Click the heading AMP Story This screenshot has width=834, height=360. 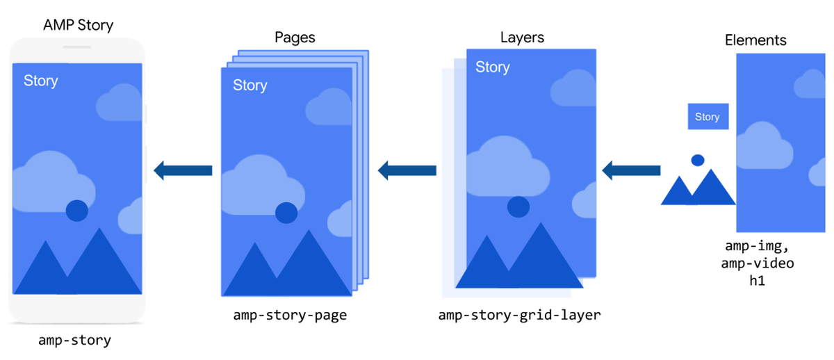[78, 26]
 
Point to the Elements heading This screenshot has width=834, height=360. [755, 40]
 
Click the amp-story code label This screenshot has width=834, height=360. [74, 341]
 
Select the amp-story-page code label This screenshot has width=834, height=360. [291, 316]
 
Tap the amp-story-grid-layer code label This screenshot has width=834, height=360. [519, 316]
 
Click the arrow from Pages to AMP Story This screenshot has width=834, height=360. [183, 170]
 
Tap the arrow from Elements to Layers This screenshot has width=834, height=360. [631, 170]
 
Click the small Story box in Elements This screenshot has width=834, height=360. [708, 117]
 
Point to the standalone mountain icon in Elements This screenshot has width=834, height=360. [697, 183]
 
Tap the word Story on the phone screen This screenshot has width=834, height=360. [40, 81]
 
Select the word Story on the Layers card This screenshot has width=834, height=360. [492, 67]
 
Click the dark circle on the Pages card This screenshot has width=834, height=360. [286, 213]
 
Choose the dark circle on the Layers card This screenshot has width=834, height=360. [518, 206]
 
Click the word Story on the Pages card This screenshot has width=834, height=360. [250, 85]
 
